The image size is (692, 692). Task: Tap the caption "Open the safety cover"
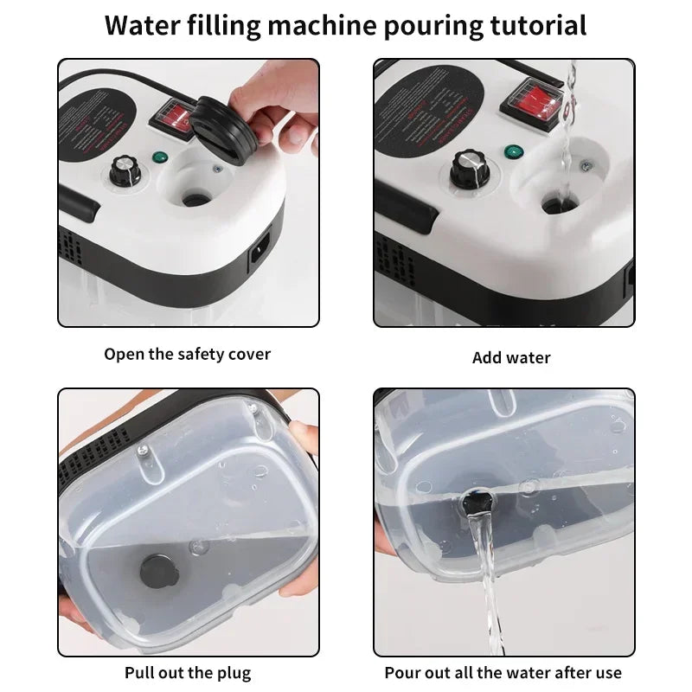point(188,354)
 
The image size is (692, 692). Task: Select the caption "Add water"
point(511,357)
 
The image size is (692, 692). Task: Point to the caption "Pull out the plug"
point(188,672)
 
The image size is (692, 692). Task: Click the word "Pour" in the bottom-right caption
point(403,672)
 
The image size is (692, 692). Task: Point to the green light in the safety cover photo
point(159,158)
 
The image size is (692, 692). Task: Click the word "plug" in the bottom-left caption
point(234,672)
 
